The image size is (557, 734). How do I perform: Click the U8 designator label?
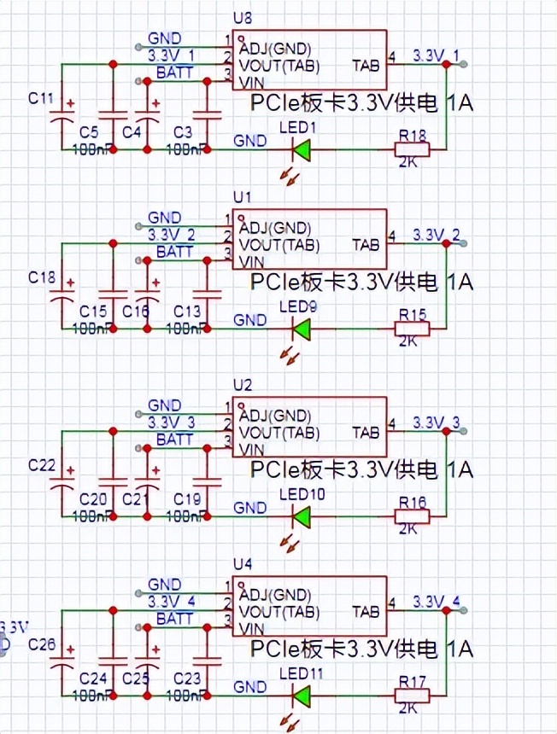[x=243, y=18]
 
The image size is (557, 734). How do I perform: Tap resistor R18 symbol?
[x=412, y=150]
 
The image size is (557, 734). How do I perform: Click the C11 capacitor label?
[x=41, y=97]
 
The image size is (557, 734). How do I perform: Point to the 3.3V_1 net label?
[x=172, y=55]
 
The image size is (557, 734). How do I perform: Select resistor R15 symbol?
[x=412, y=329]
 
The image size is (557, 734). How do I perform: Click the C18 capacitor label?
[x=41, y=277]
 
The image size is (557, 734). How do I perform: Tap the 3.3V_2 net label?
[x=172, y=234]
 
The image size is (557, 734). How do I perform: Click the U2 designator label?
[x=243, y=385]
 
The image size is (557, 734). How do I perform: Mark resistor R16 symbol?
[x=412, y=516]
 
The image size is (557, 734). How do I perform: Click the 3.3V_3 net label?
[x=172, y=422]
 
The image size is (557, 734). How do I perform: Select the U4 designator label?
[x=243, y=564]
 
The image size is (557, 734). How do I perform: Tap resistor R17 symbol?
[x=412, y=696]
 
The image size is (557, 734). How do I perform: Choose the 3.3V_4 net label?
[x=172, y=601]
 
